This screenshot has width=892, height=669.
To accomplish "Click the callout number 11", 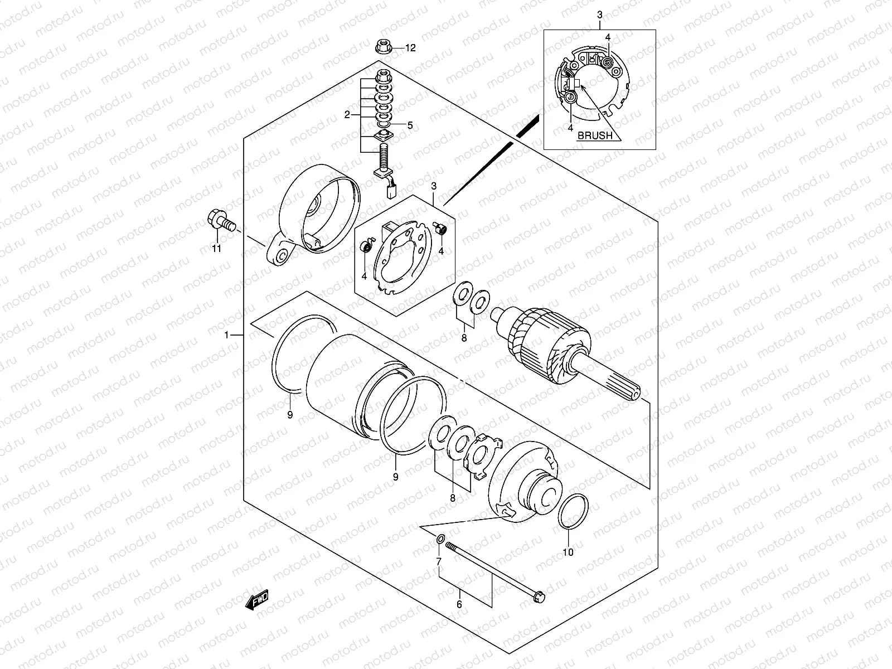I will (216, 249).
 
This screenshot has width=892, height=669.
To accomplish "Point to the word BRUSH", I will (594, 135).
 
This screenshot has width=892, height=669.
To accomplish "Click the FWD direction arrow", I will (257, 600).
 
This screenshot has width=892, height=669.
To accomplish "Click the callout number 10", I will (568, 552).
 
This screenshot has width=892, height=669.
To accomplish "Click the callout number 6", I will (459, 604).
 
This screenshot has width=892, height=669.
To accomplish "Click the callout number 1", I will (227, 335).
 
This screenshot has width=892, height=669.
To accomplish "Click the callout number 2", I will (347, 115).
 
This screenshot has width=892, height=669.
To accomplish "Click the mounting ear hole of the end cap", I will (282, 256).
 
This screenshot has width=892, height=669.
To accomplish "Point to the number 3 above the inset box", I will (599, 13).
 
